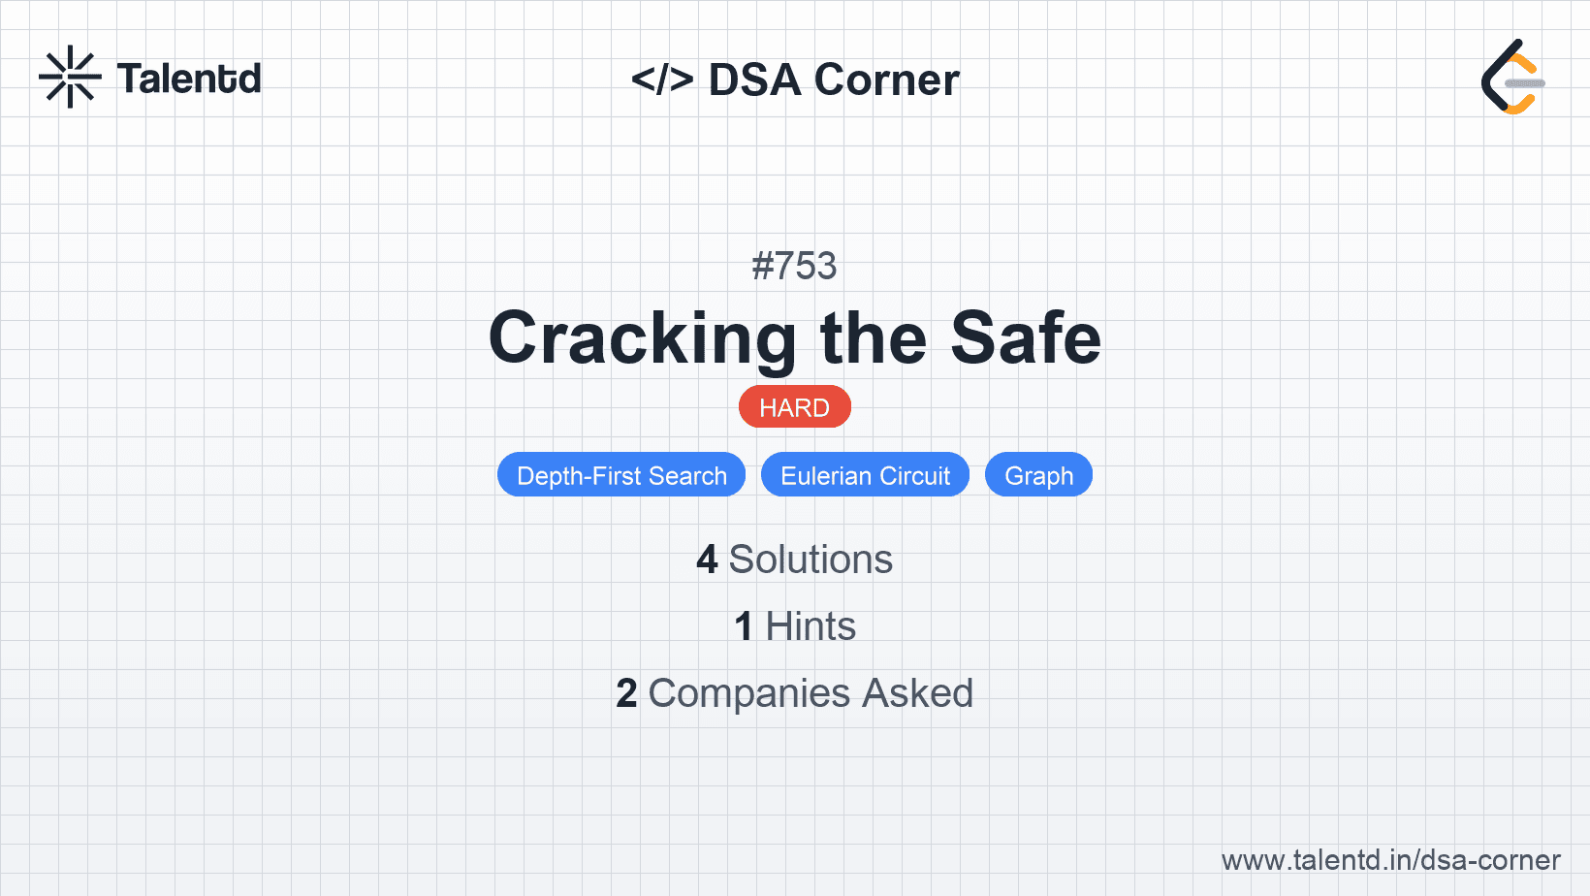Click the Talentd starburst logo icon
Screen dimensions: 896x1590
click(70, 77)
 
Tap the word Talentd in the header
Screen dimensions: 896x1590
click(189, 79)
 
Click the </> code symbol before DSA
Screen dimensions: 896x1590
click(662, 80)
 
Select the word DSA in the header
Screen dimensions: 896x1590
click(754, 80)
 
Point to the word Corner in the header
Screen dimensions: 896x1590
click(886, 80)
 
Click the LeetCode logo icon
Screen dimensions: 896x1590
click(1512, 77)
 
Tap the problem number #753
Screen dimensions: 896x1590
click(794, 266)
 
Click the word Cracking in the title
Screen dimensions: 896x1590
click(642, 338)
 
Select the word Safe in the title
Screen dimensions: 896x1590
click(1025, 338)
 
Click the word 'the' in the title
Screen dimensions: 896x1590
click(873, 338)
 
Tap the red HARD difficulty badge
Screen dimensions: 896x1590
click(794, 407)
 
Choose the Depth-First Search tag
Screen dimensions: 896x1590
click(621, 475)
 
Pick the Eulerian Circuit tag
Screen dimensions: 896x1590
click(865, 475)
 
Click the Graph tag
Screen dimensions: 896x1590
click(1038, 475)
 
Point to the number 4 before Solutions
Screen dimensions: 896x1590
click(707, 560)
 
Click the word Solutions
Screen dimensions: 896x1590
click(811, 560)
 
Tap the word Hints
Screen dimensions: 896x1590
click(811, 626)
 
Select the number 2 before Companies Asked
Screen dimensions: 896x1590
click(626, 693)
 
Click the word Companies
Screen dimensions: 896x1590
click(749, 693)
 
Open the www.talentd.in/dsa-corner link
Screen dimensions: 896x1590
click(1390, 860)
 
